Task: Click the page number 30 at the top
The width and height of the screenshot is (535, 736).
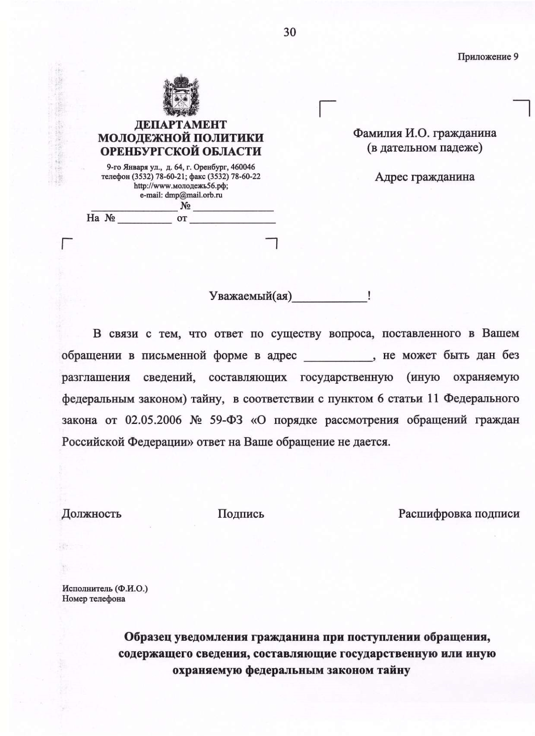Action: (289, 32)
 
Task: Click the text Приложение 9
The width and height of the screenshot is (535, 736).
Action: (488, 57)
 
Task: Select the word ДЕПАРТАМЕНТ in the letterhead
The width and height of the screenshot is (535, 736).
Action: (181, 125)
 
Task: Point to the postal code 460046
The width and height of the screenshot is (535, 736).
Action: (243, 167)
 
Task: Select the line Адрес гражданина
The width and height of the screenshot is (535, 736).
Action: (424, 177)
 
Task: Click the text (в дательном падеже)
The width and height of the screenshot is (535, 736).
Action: (424, 148)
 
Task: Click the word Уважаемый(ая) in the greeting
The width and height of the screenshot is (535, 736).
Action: (251, 296)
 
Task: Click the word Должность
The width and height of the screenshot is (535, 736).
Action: (91, 514)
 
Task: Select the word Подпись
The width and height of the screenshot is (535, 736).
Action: (241, 514)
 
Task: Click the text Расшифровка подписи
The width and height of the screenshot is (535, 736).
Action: (459, 514)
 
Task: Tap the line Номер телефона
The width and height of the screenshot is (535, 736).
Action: (94, 599)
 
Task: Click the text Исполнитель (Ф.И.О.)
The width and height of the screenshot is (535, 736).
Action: (105, 588)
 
